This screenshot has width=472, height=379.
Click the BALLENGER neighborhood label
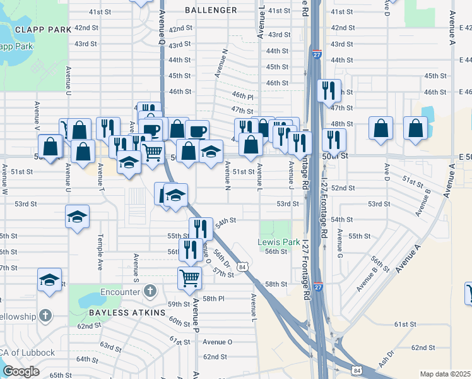point(211,10)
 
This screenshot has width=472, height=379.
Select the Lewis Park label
point(278,242)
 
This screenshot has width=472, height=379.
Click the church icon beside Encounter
point(149,291)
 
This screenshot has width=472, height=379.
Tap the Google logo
point(21,371)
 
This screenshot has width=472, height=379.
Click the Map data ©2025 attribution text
point(445,374)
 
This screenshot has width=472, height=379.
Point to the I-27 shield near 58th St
point(318,286)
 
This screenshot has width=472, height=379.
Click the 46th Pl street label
point(242,96)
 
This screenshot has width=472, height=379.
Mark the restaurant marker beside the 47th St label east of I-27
point(329,90)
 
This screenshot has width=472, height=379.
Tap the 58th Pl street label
point(213,298)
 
